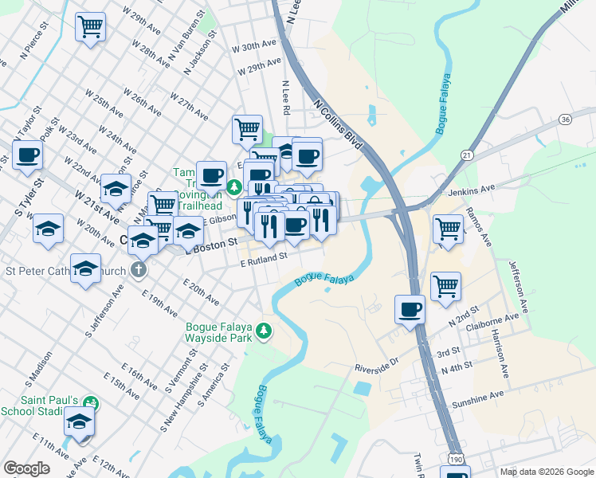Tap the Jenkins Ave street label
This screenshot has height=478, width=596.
[x=471, y=189]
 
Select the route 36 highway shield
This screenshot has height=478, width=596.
[x=565, y=119]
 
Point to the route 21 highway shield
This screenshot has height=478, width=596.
[x=467, y=154]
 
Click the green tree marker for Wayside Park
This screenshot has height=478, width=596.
[x=264, y=331]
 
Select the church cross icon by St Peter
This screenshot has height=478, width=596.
[x=139, y=269]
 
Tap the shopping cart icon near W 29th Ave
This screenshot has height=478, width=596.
[x=90, y=25]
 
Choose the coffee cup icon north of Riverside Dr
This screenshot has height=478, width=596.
[x=411, y=309]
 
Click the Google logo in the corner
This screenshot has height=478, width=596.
[x=26, y=468]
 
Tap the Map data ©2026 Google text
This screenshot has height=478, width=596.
[x=546, y=472]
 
